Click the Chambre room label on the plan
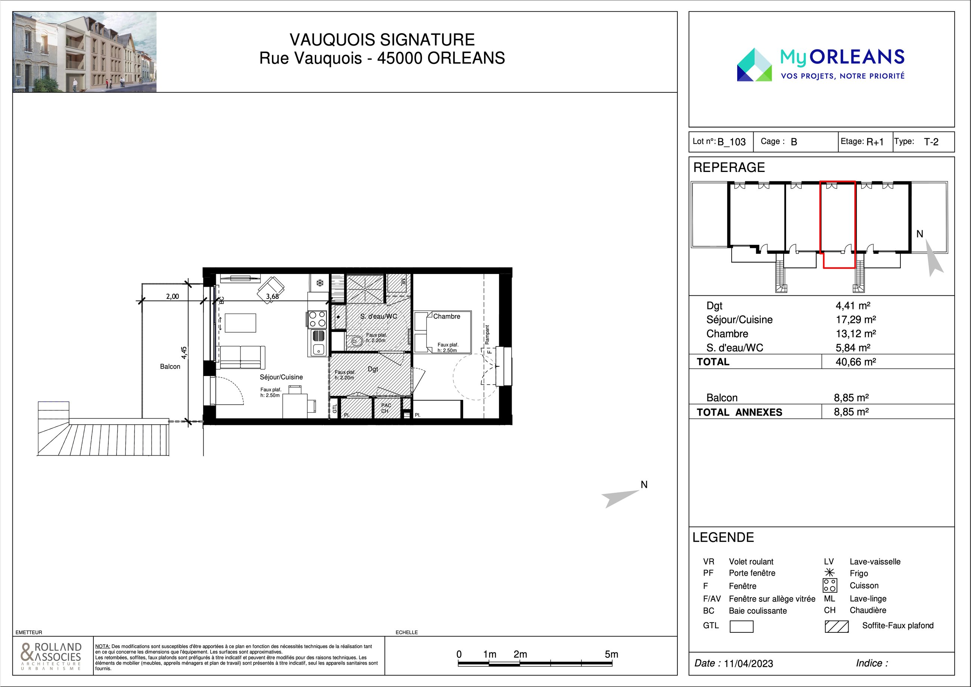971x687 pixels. (447, 316)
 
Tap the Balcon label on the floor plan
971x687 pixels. (170, 367)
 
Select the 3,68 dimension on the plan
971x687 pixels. (272, 296)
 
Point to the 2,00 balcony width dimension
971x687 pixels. (172, 296)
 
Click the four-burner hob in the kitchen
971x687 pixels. (317, 319)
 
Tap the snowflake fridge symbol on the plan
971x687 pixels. (320, 282)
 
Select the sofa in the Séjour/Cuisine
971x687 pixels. (241, 358)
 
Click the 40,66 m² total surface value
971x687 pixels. (856, 362)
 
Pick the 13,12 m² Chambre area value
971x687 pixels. (856, 333)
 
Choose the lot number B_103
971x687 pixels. (732, 142)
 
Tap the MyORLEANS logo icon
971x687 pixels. (754, 65)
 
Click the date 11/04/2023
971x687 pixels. (748, 663)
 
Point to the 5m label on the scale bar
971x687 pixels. (611, 654)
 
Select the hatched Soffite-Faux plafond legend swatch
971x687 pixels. (837, 626)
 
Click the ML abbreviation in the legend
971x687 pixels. (829, 598)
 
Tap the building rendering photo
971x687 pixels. (84, 52)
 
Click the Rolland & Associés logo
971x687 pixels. (51, 656)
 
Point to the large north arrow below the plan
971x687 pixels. (620, 498)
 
